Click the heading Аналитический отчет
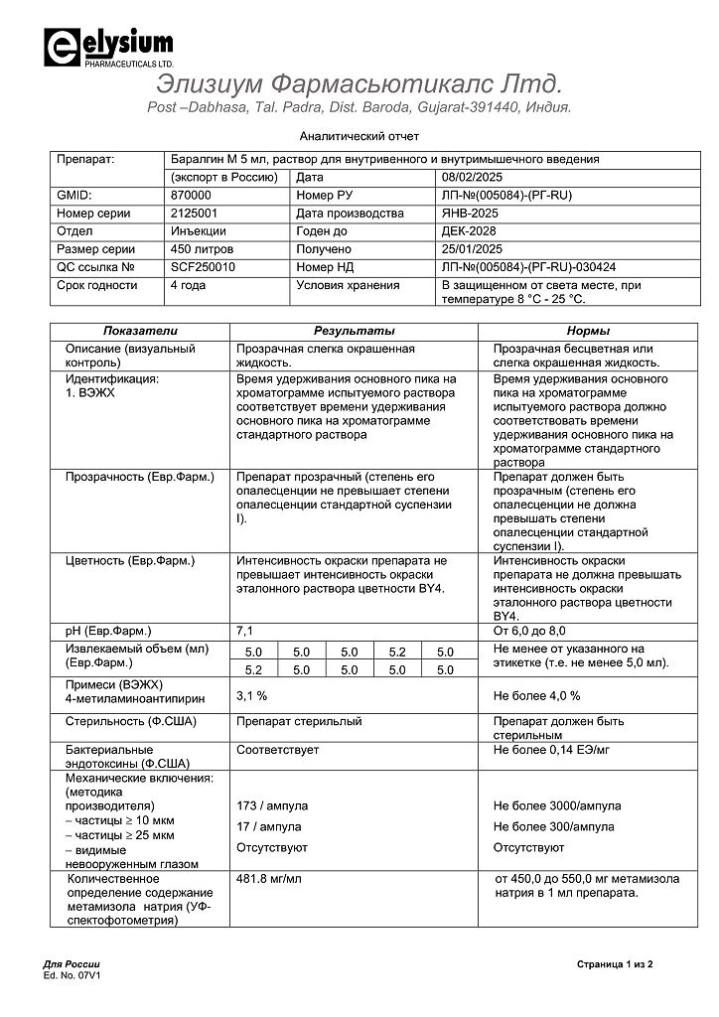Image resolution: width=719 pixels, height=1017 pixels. (x=359, y=136)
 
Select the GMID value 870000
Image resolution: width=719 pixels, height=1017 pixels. (x=192, y=196)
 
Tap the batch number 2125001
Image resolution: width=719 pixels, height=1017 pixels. (x=194, y=214)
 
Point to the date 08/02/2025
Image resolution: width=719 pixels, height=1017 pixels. (x=473, y=177)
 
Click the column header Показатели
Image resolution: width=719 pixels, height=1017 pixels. (x=139, y=331)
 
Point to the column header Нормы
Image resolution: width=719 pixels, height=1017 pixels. (x=588, y=331)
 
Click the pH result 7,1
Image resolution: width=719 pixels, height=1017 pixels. (x=245, y=631)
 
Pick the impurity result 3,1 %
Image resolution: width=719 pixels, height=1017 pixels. (x=252, y=696)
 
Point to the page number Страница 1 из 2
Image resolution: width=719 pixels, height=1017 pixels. (x=614, y=964)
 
